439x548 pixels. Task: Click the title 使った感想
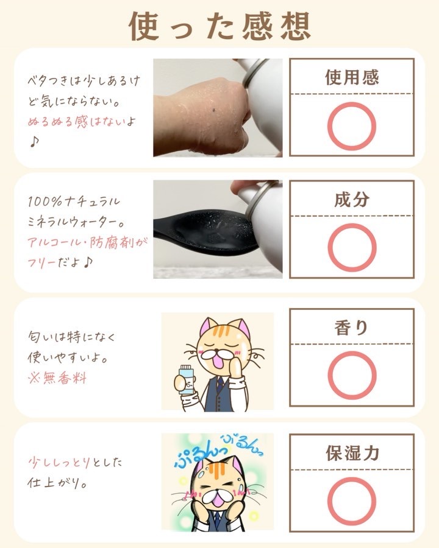click(220, 26)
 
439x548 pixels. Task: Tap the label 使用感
click(352, 77)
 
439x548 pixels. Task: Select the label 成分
click(352, 200)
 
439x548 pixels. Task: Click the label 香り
click(351, 328)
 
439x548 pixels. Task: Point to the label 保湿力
click(352, 453)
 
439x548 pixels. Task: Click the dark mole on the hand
click(213, 111)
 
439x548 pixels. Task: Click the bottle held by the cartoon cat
click(185, 379)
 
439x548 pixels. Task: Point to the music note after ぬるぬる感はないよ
click(34, 141)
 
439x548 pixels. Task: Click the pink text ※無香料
click(57, 378)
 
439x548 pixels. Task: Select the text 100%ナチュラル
click(74, 202)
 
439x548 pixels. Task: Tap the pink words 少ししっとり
click(59, 462)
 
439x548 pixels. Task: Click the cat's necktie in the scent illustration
click(220, 384)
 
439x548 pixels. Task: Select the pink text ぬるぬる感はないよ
click(81, 122)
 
